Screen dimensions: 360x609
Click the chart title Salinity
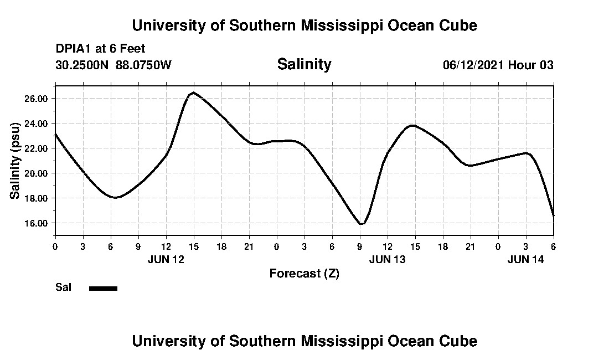pos(304,64)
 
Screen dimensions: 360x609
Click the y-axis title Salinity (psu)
pos(16,160)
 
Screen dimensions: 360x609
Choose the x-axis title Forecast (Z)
pos(304,273)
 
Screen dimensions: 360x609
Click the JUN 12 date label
pos(166,259)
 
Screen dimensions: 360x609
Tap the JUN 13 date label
pos(388,259)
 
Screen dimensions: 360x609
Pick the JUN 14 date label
pos(526,259)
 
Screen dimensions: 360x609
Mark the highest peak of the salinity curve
pos(193,92)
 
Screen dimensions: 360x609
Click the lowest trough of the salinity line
pos(361,224)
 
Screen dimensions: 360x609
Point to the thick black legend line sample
pos(103,288)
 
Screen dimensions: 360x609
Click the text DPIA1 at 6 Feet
pos(100,49)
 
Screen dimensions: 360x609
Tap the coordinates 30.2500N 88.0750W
pos(113,65)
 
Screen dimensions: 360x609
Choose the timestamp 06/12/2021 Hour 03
pos(498,65)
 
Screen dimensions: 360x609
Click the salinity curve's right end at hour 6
pos(553,215)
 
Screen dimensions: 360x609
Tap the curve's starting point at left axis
pos(56,134)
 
